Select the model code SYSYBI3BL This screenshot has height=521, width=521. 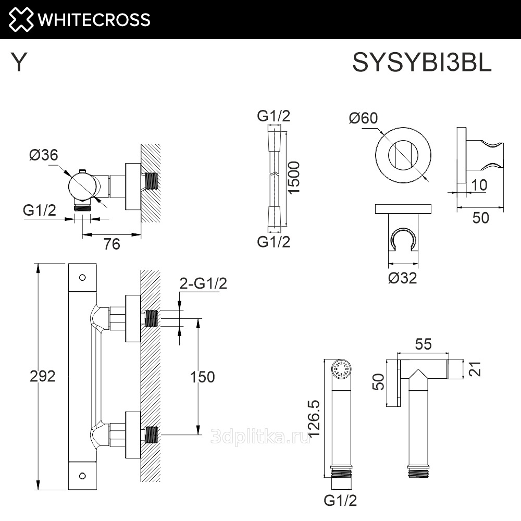(x=422, y=64)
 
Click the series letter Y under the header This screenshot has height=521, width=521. (x=19, y=63)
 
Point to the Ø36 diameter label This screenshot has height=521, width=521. (x=43, y=155)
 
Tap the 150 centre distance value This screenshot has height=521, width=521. (x=202, y=377)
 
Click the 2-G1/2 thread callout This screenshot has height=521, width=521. (x=203, y=283)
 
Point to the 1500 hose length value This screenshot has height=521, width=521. (x=294, y=177)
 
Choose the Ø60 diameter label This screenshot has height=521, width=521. (x=363, y=118)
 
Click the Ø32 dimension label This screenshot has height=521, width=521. (x=402, y=278)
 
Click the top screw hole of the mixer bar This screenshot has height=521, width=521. (x=82, y=277)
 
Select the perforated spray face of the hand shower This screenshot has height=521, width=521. (x=342, y=370)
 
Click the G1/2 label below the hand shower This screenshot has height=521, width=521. (x=340, y=501)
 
